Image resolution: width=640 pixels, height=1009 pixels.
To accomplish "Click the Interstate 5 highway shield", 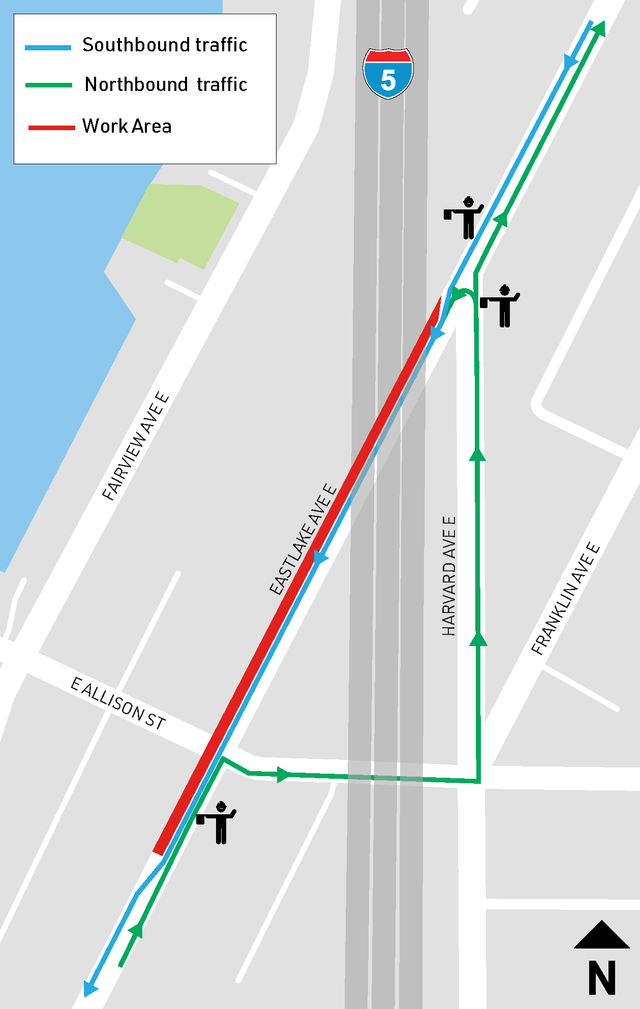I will click(x=388, y=74).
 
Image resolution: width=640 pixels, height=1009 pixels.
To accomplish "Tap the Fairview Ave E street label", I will click(x=135, y=446).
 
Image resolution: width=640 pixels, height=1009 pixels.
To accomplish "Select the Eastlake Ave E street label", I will click(x=303, y=539).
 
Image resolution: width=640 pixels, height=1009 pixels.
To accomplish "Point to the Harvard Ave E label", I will click(x=449, y=576).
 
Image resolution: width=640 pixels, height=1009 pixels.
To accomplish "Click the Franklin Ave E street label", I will click(x=566, y=598).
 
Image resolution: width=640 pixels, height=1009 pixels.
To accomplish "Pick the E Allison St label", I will click(x=118, y=704).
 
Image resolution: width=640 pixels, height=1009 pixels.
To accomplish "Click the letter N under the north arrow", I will click(x=601, y=977).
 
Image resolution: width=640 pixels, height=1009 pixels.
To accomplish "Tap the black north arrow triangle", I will click(x=601, y=935).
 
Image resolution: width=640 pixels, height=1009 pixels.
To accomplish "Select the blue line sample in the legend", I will click(x=48, y=47).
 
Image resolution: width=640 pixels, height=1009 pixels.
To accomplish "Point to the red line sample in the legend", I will click(x=51, y=128).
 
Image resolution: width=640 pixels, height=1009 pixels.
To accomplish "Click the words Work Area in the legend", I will click(x=127, y=126).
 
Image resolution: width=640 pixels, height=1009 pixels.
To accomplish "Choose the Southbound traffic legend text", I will click(x=165, y=45).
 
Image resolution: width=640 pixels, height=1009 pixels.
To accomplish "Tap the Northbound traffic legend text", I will click(x=166, y=84).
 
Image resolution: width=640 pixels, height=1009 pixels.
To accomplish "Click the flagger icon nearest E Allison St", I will click(x=218, y=822).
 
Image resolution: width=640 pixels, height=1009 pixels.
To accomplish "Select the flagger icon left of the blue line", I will click(x=465, y=218).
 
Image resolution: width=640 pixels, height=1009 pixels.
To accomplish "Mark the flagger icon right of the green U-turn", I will click(x=501, y=305).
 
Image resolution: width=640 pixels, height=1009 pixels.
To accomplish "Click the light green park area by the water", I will click(x=180, y=224).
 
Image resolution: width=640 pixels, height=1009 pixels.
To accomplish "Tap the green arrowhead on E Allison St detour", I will click(x=283, y=775).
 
